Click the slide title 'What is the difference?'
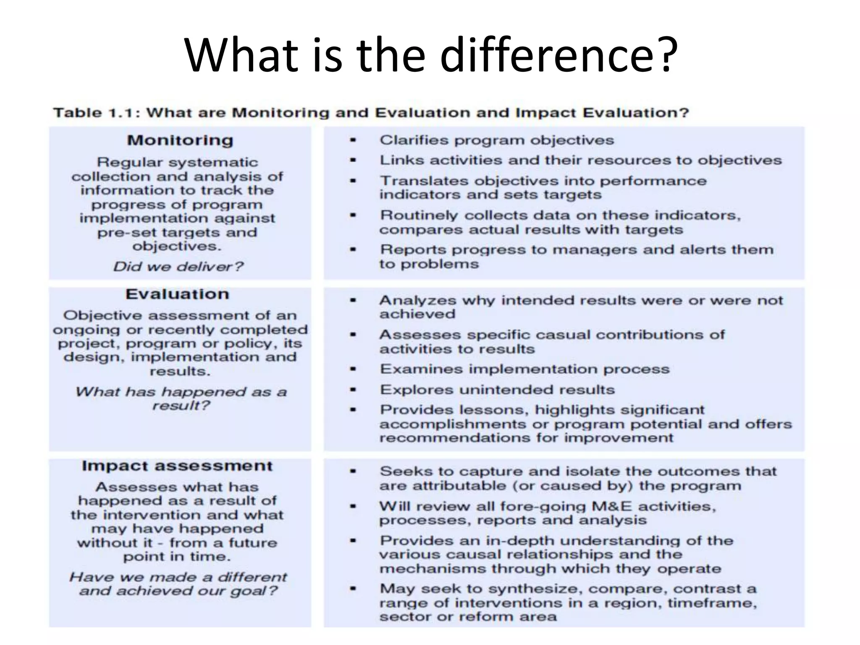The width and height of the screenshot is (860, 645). pyautogui.click(x=430, y=55)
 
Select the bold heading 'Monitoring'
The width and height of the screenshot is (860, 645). pyautogui.click(x=180, y=140)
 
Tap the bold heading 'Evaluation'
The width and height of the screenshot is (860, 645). pyautogui.click(x=177, y=294)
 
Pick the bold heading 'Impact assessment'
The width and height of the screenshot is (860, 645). pyautogui.click(x=177, y=466)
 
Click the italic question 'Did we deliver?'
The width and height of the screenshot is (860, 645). pyautogui.click(x=178, y=266)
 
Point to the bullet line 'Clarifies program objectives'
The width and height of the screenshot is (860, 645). pyautogui.click(x=496, y=140)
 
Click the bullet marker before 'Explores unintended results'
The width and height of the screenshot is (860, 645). pyautogui.click(x=353, y=390)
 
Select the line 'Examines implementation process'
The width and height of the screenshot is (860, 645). pyautogui.click(x=524, y=369)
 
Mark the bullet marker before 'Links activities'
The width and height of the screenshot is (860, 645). pyautogui.click(x=353, y=160)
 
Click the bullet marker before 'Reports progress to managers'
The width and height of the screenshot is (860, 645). pyautogui.click(x=353, y=249)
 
